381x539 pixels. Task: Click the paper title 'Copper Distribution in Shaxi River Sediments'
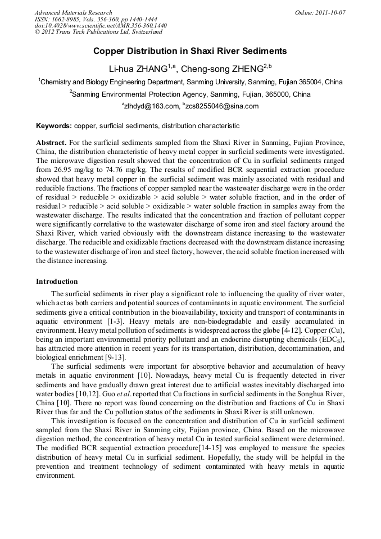point(190,51)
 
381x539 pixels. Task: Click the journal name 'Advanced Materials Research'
point(73,12)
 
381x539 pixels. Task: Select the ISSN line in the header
point(96,19)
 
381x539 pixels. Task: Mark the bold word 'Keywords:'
point(54,126)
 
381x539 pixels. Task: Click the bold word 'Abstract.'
point(51,143)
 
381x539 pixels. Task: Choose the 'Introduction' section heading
point(57,281)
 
